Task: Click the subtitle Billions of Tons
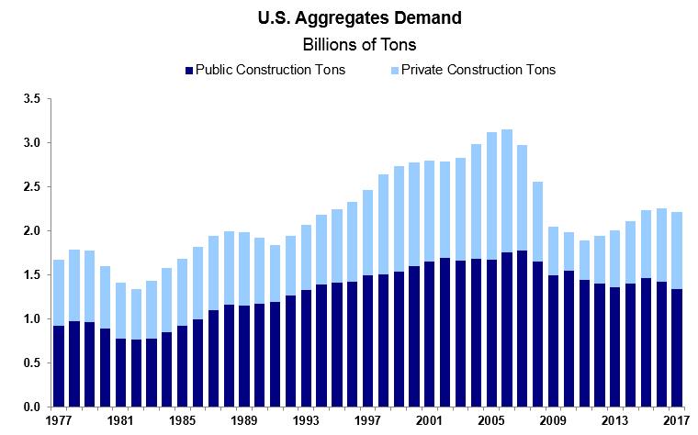349,43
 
